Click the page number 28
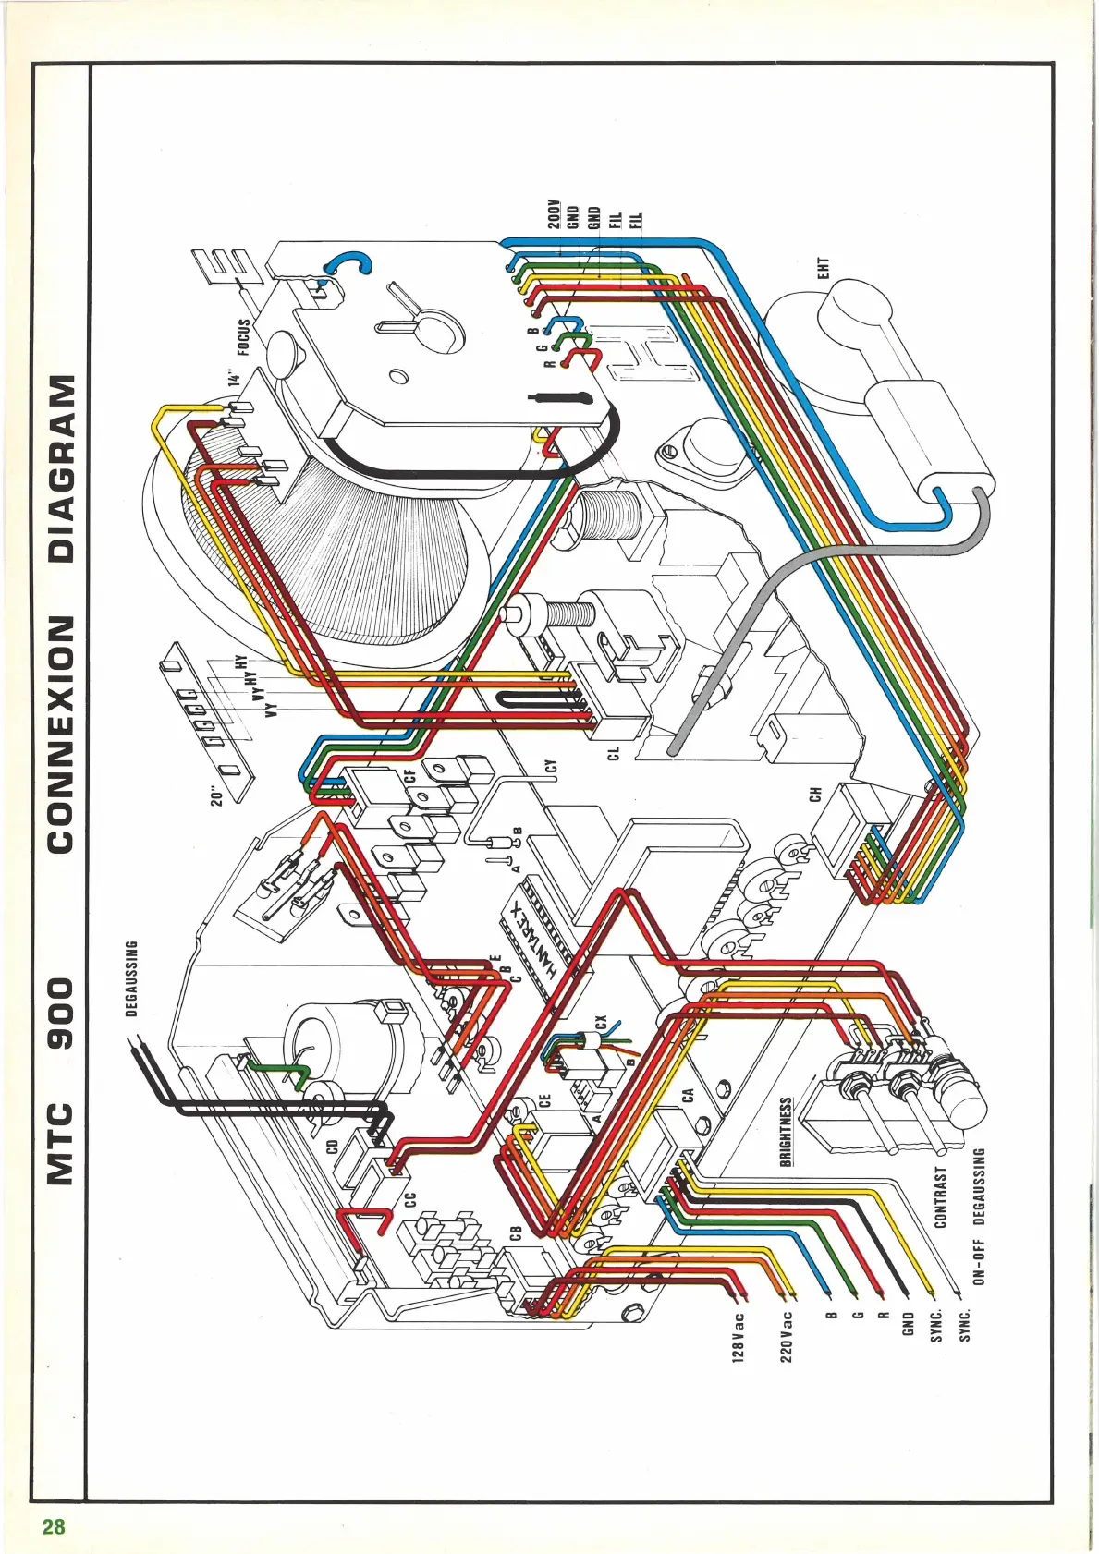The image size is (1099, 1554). coord(54,1526)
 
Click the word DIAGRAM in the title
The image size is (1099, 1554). coord(61,468)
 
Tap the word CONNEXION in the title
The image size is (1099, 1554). coord(61,734)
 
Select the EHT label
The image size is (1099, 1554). coord(824,268)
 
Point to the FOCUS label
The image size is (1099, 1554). coord(244,337)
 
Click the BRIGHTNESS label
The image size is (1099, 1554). coord(786,1131)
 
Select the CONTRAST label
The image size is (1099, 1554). coord(941,1197)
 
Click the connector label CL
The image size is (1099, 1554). coord(613,755)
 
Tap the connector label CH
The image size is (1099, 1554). coord(815,794)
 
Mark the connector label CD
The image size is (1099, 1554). coord(332,1147)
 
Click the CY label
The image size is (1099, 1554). coord(552,766)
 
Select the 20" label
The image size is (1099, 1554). coord(217,795)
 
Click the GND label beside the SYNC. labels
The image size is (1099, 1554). coord(908,1321)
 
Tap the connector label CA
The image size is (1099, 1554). coord(688,1095)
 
